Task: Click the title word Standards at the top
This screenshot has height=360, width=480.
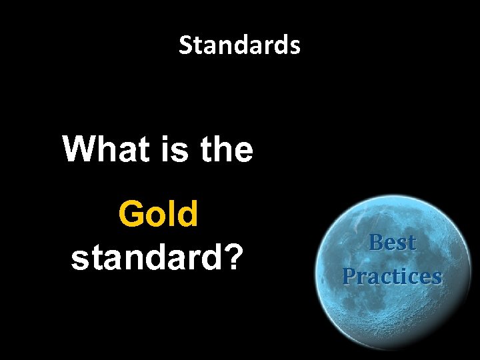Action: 239,46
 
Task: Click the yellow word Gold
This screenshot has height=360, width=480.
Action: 158,215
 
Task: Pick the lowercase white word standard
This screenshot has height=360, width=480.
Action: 146,257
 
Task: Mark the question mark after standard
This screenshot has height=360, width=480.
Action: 231,257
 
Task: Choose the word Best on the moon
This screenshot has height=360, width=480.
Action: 392,243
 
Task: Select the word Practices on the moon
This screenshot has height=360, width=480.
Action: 392,275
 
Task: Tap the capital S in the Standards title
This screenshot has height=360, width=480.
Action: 186,46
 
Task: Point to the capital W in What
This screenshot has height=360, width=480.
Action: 79,149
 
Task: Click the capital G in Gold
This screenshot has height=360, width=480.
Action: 131,215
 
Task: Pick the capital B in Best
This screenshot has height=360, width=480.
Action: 376,243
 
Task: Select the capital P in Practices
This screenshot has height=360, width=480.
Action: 349,275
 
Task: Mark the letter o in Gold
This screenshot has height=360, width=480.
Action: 157,216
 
